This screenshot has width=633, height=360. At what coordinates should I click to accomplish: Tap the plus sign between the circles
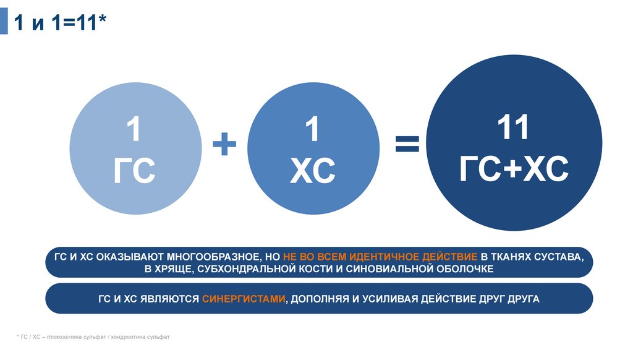point(225,147)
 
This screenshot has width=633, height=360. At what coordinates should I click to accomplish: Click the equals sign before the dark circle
point(407,145)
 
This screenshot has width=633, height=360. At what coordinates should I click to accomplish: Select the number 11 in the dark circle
point(514,127)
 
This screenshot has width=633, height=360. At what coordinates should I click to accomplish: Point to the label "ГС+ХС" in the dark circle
point(514,168)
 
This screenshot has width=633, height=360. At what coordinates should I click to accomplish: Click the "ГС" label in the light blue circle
point(134,171)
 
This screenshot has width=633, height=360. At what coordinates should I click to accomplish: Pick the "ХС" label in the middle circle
point(313,171)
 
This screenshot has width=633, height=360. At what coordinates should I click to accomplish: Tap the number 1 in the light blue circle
point(134,131)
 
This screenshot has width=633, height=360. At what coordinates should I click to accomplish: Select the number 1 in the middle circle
point(313,131)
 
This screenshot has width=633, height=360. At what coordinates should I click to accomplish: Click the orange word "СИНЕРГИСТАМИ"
point(244,299)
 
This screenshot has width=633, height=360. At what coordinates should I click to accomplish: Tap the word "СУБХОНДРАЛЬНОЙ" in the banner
point(242,268)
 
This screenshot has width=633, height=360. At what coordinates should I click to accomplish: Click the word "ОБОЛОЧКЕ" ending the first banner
point(462,268)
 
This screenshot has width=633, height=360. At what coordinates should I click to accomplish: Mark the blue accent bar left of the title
point(4,23)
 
